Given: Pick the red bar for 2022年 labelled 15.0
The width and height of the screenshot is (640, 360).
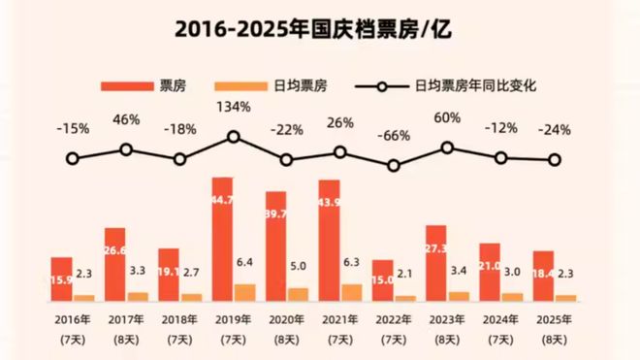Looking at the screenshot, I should pos(383,279).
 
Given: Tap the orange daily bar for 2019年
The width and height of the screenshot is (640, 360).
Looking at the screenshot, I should pos(245,291).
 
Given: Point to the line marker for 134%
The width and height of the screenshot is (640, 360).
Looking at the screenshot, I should pos(233,137).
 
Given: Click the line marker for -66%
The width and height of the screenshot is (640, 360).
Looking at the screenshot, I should pos(393,166).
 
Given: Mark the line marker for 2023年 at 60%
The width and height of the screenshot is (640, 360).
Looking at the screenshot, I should pos(447,147).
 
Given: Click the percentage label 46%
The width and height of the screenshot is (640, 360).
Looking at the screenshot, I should pos(126,119).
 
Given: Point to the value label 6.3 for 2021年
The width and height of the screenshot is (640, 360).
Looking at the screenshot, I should pos(352,261).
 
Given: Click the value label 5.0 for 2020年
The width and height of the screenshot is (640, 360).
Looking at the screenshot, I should pos(299,265).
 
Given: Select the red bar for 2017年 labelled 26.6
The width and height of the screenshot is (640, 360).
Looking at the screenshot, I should pos(115,263).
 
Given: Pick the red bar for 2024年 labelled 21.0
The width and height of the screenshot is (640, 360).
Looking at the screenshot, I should pos(490,271).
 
